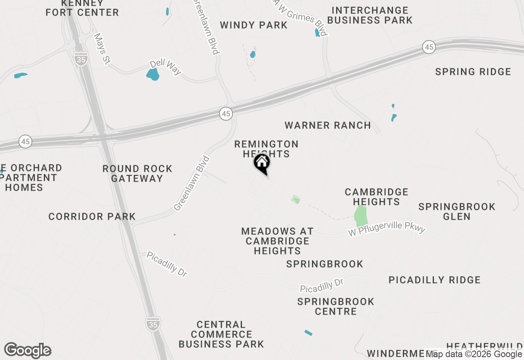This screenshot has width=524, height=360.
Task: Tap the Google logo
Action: coord(28,350)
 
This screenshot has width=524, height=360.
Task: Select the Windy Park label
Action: coord(254,25)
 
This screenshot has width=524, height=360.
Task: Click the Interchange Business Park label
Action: coord(370,15)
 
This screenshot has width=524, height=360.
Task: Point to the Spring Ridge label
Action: coord(473,72)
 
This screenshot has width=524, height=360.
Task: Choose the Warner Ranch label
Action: coord(328,125)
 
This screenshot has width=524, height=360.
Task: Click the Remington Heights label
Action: coord(267,148)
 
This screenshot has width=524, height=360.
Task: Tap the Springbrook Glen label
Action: coord(457,211)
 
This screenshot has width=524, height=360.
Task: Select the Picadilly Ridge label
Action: coord(434,280)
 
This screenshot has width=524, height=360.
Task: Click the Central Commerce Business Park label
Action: coord(221,334)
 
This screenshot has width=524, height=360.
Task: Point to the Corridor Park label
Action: coord(92,216)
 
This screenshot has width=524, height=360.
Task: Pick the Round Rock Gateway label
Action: coord(138,173)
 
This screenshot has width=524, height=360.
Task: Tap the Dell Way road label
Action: coord(165,67)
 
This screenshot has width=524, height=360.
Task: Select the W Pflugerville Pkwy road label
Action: coord(387,229)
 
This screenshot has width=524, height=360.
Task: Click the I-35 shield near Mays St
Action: coord(81,59)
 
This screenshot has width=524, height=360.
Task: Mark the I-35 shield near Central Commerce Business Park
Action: coord(153,324)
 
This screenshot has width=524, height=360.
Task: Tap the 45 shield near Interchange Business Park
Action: coord(429,47)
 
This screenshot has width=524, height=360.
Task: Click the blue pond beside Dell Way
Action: coord(153,74)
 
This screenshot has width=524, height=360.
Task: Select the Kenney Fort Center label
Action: coord(82,8)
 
